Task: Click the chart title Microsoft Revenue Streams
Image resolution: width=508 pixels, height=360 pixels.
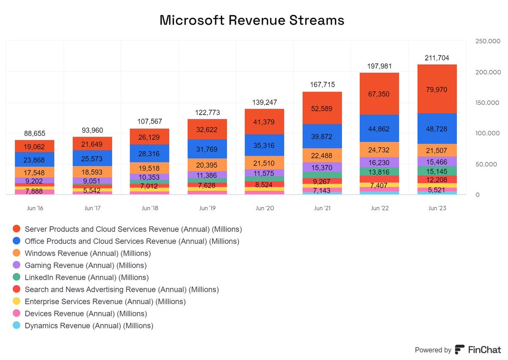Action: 252,20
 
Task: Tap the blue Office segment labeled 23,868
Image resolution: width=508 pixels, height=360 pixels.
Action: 35,159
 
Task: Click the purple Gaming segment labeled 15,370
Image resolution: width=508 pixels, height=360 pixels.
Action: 322,168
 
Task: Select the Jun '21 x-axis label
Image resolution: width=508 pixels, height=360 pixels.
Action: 322,208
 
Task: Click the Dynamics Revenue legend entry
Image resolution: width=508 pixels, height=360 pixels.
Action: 89,326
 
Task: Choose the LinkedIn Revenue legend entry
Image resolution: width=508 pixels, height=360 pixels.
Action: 87,278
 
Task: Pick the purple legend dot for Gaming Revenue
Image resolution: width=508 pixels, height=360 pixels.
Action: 17,266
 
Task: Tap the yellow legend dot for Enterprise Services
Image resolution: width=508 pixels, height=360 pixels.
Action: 17,302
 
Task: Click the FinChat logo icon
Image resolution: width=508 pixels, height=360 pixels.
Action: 459,350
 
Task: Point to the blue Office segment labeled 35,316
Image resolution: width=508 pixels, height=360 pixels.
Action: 265,146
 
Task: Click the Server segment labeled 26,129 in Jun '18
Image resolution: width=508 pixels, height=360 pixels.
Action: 149,136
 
